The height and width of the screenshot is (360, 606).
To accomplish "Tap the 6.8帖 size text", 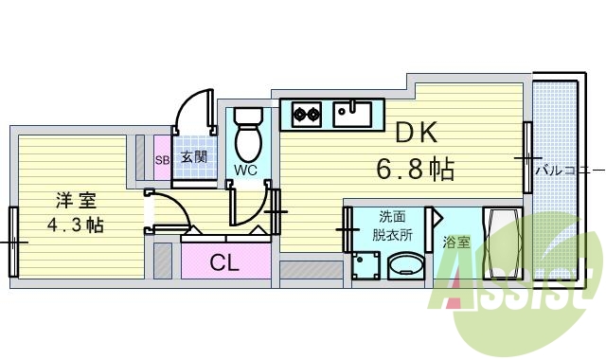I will click(x=415, y=170).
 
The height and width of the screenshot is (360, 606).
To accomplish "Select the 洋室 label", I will click(x=75, y=201).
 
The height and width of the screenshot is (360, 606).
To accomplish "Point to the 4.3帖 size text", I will click(x=76, y=225).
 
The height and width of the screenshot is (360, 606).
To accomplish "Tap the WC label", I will click(x=246, y=171).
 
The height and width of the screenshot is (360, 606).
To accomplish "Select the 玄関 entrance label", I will click(x=194, y=157).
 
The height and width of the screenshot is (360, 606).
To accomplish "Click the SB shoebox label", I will click(x=162, y=158).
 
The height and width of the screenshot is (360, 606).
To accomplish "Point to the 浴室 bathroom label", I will click(x=456, y=243).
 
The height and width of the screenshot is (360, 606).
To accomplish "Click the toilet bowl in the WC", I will click(x=248, y=138).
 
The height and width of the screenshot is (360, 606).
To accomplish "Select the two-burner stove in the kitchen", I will click(x=305, y=115).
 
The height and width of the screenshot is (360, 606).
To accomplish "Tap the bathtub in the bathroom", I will click(x=501, y=243).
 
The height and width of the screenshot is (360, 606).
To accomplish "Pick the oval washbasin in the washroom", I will click(x=408, y=266).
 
